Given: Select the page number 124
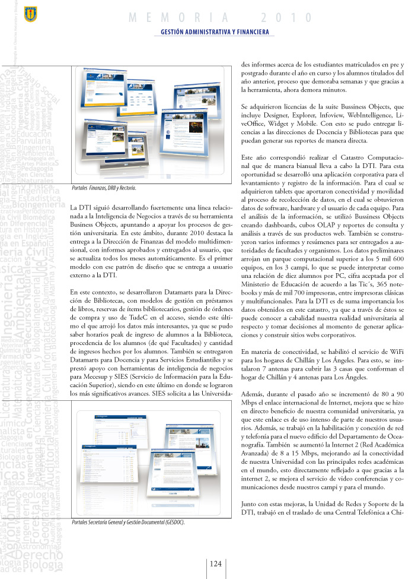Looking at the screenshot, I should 215,563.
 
